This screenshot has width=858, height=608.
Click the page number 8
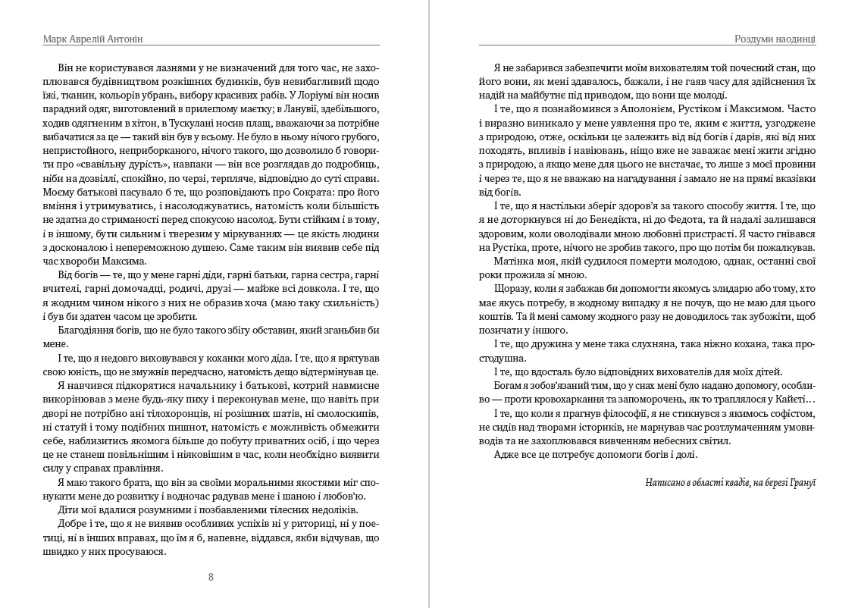tap(211, 577)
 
